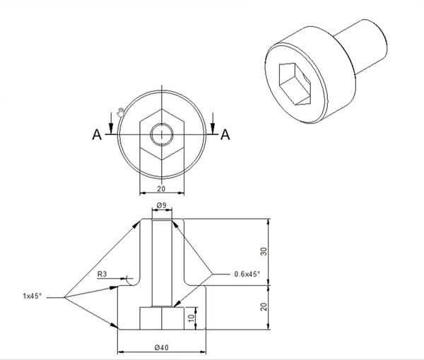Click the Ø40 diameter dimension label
click(x=161, y=347)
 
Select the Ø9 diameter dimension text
click(x=161, y=205)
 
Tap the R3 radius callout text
click(x=102, y=274)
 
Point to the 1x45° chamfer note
click(x=33, y=296)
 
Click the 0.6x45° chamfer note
click(x=247, y=274)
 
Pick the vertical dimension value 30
click(x=264, y=252)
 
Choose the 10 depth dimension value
click(x=192, y=318)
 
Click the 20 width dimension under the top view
click(x=161, y=189)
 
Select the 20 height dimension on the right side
click(x=264, y=307)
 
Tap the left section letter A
click(x=97, y=134)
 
